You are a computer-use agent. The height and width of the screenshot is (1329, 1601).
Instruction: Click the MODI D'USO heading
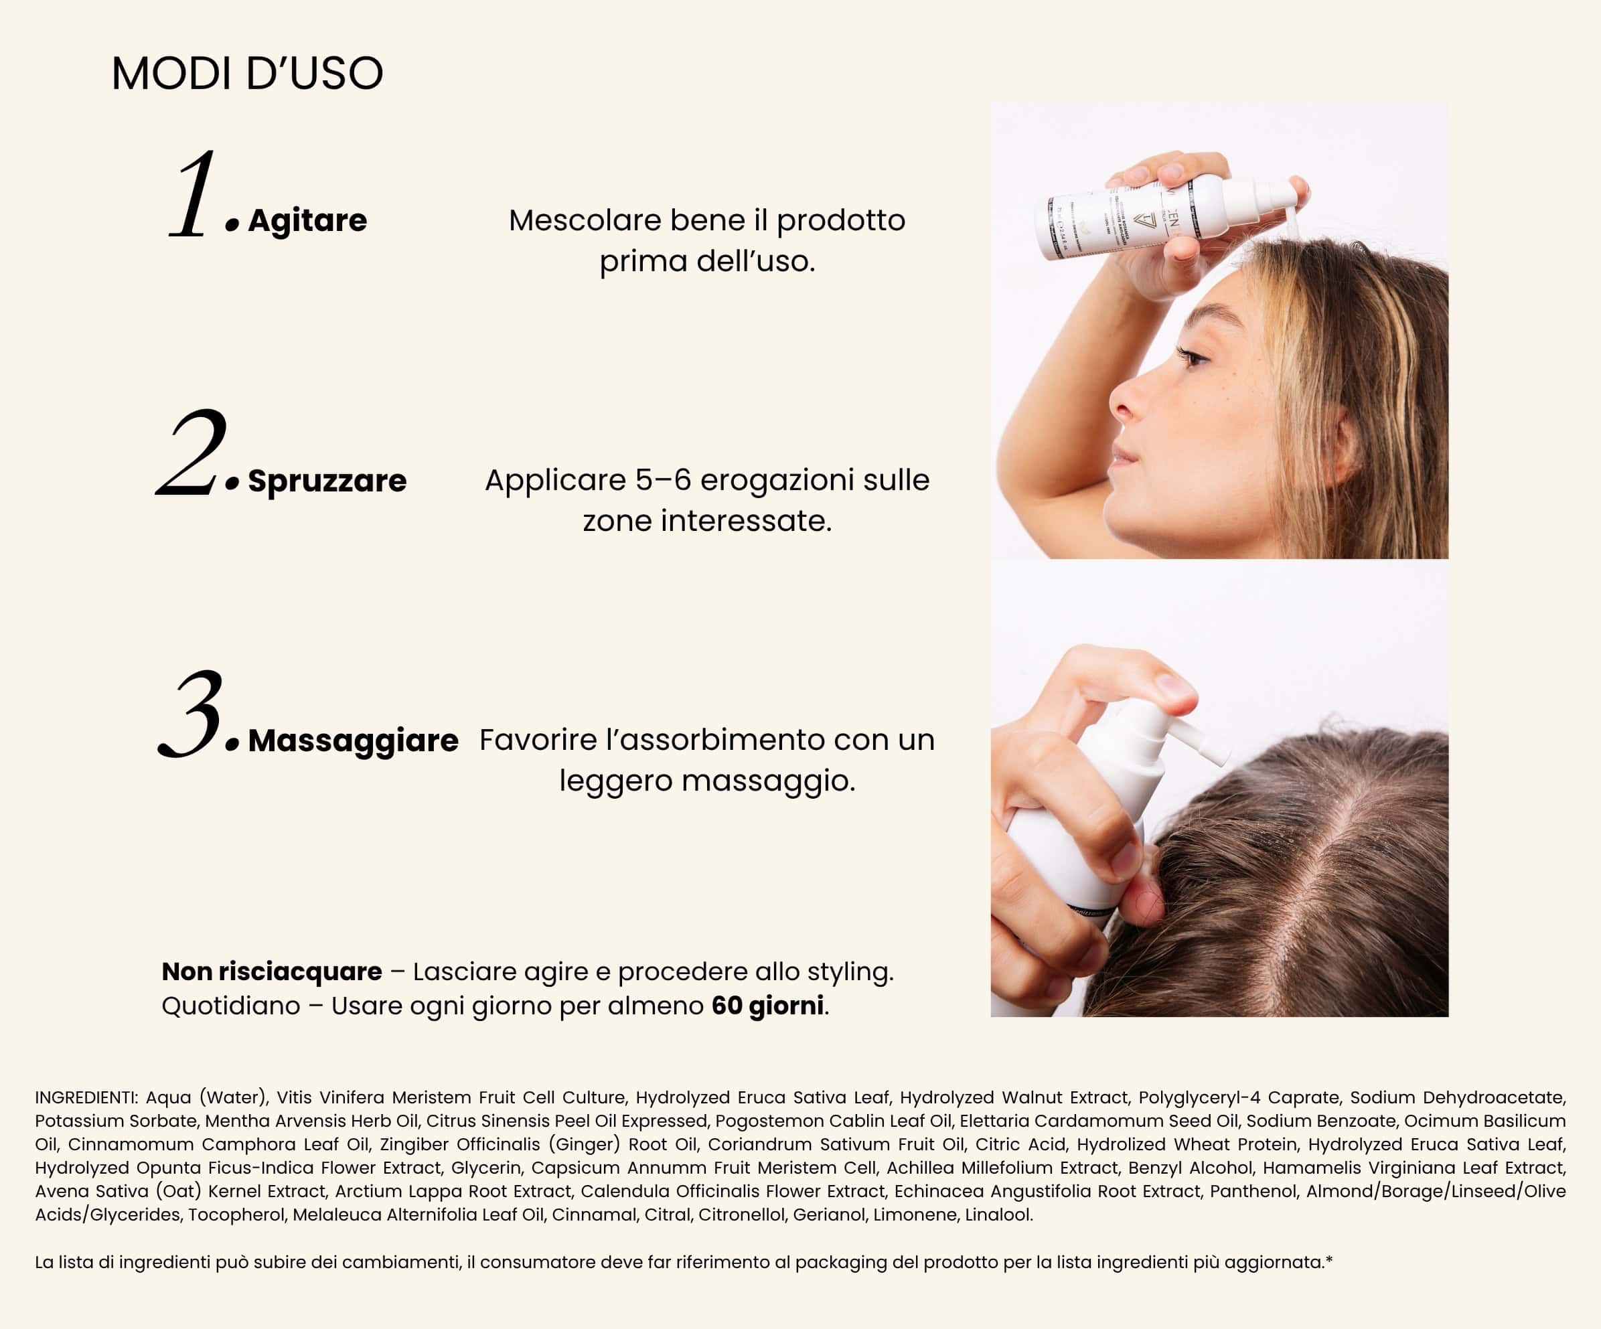[x=247, y=74]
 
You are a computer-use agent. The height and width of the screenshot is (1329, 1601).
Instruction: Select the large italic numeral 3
[x=192, y=715]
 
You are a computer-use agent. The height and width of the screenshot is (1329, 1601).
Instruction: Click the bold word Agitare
[x=307, y=220]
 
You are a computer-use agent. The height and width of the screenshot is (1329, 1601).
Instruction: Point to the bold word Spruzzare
[x=327, y=480]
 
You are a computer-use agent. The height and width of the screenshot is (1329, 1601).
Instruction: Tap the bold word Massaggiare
[x=353, y=740]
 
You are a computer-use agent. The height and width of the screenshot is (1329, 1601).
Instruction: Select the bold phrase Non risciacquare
[x=271, y=971]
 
